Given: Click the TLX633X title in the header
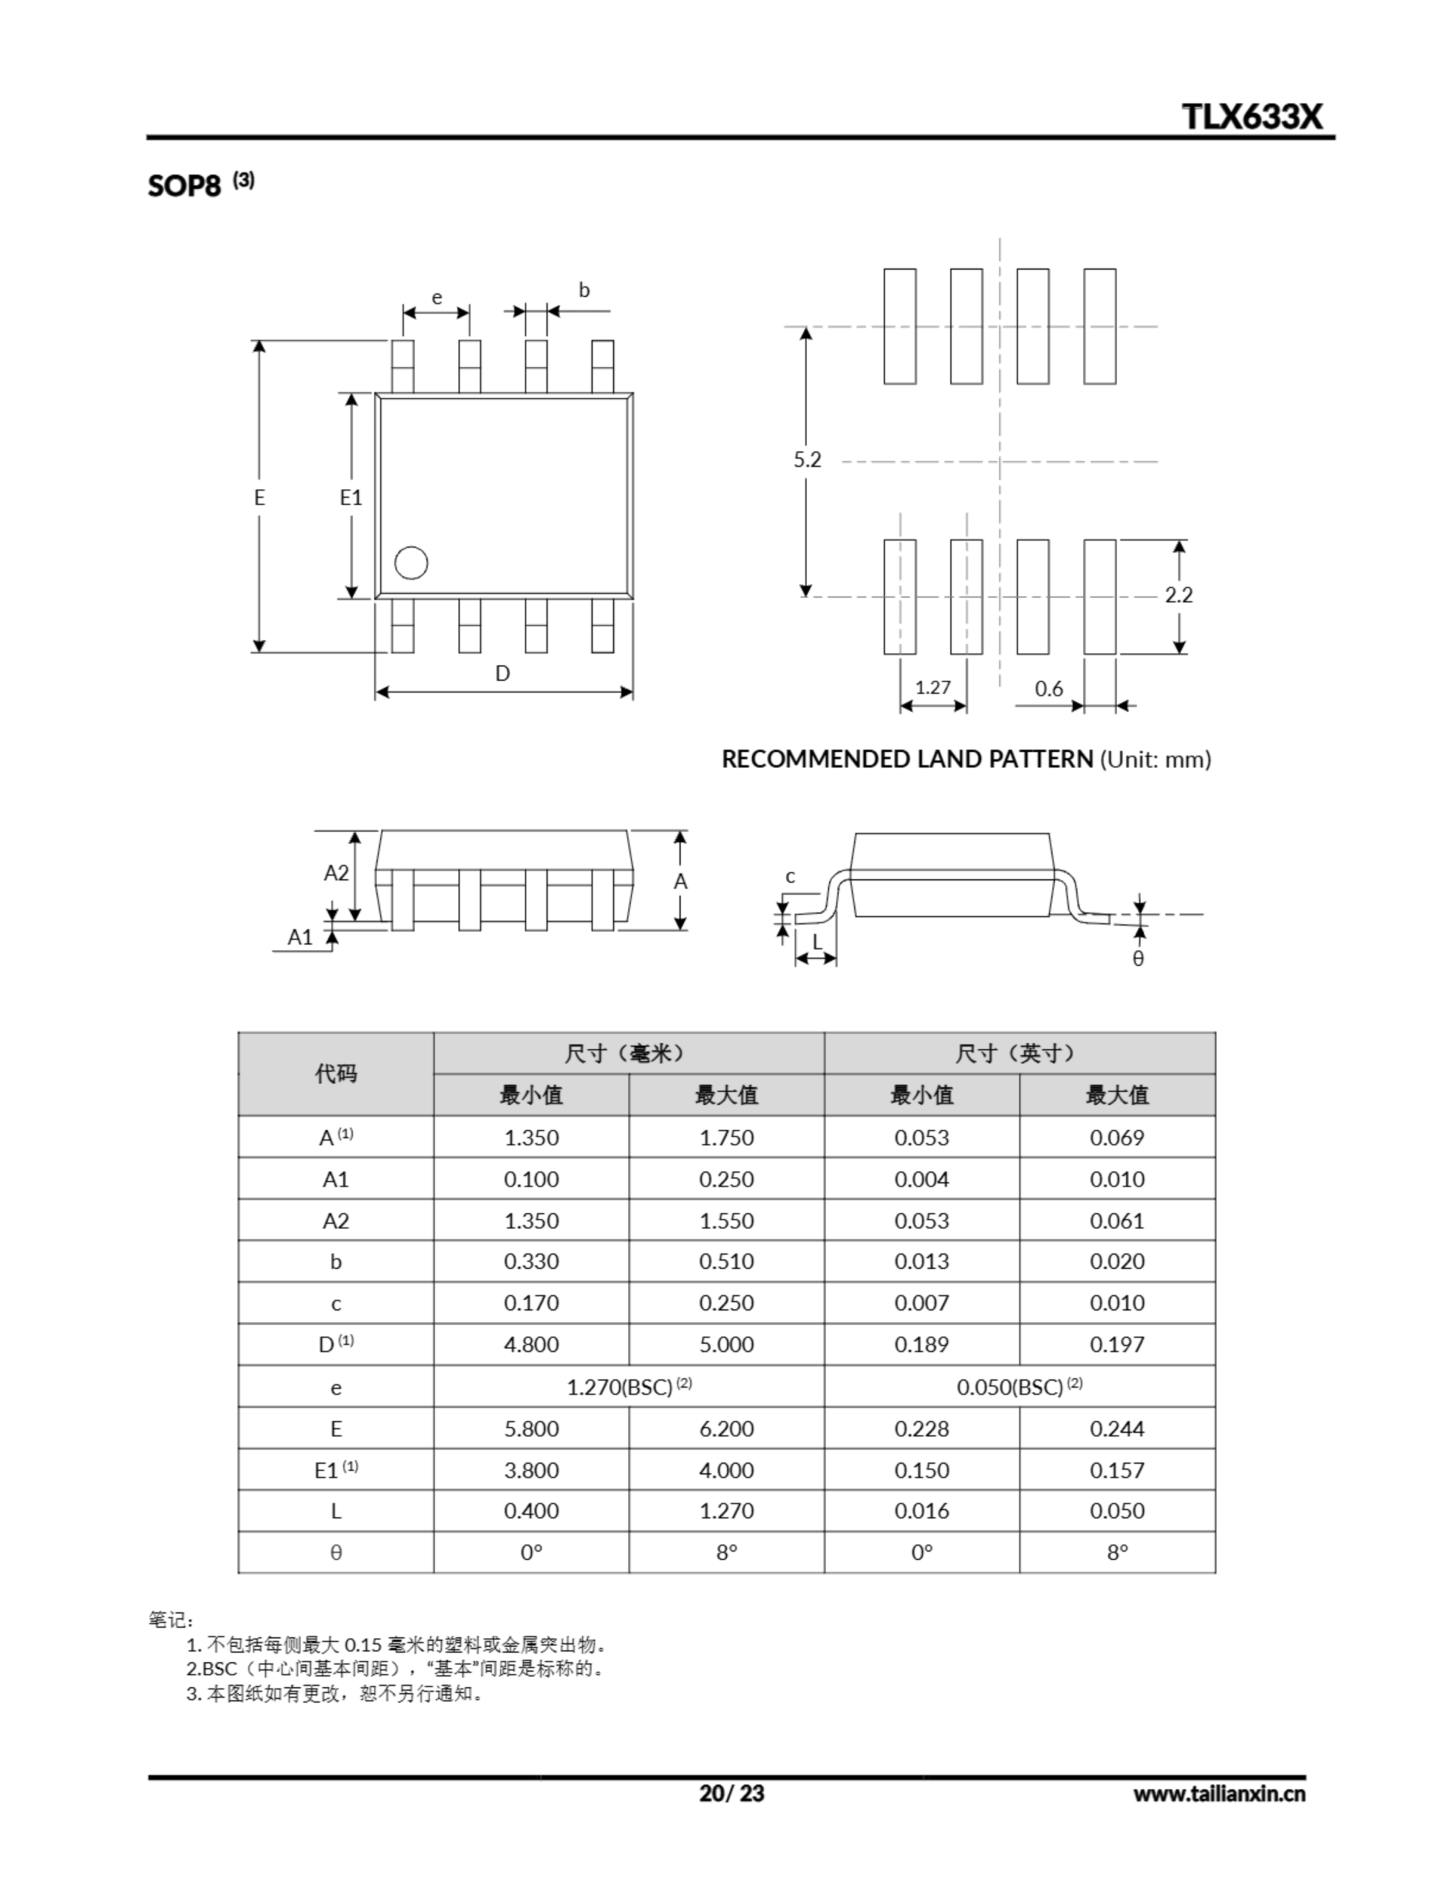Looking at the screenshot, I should tap(1250, 116).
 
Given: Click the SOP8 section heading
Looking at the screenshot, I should tap(185, 185).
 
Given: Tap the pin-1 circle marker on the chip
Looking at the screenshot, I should tap(411, 562).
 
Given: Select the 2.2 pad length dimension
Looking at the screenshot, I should tap(1178, 595).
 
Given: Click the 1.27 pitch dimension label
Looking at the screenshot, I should tap(933, 687).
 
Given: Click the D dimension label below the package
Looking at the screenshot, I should tap(503, 673).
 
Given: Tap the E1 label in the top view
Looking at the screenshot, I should tap(351, 497).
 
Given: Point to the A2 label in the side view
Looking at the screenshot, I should tap(336, 873).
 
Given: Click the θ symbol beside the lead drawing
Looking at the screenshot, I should tap(1138, 959).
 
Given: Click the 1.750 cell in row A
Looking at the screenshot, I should tap(726, 1137).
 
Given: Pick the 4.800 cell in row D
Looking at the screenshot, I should tap(531, 1345).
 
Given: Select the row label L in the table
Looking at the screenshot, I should tap(335, 1511).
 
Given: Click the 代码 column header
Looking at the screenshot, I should tap(335, 1074).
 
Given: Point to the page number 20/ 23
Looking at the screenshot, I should tap(731, 1793).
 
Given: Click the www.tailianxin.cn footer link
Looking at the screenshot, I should tap(1218, 1794).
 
